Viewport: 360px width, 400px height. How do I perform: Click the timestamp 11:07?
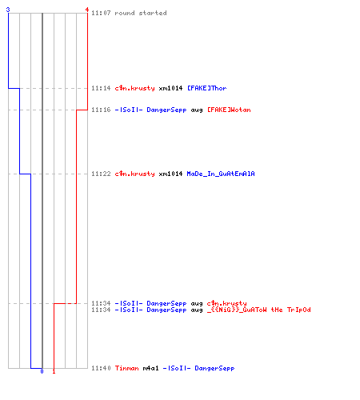point(101,13)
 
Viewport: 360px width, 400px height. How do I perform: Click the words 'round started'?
point(141,13)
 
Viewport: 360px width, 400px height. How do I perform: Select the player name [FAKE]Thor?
point(207,88)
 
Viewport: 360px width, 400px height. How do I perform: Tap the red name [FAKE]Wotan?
point(229,110)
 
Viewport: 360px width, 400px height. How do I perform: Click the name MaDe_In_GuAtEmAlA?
point(221,174)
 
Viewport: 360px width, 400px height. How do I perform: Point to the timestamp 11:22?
point(101,174)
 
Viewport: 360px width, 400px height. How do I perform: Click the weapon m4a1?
point(150,368)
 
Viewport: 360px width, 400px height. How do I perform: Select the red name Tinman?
point(126,368)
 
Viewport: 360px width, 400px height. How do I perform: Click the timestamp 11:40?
point(101,368)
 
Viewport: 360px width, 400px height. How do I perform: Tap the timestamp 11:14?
point(101,88)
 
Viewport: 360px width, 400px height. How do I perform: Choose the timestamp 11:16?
point(101,110)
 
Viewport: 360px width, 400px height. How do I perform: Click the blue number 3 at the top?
point(8,10)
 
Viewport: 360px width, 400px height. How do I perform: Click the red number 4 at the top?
point(87,10)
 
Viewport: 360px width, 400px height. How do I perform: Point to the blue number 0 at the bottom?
point(42,371)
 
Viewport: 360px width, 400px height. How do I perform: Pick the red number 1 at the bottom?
point(54,371)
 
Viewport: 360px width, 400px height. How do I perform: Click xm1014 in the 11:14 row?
point(170,88)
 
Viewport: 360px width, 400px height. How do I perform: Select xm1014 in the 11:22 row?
point(170,174)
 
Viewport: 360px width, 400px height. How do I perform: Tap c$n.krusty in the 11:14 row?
point(134,88)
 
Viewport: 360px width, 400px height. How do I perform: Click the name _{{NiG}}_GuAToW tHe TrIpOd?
point(259,310)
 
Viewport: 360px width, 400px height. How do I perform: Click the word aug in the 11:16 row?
point(197,110)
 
